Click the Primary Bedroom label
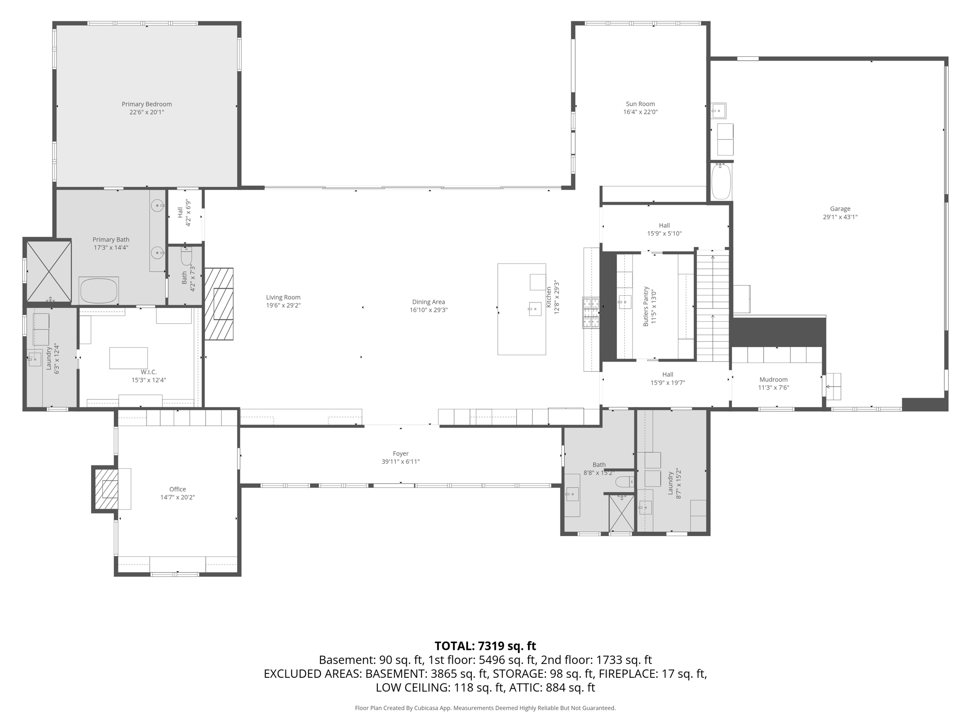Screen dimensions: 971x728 click(147, 104)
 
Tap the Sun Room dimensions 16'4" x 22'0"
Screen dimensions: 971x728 click(640, 112)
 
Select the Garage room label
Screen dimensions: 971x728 click(840, 209)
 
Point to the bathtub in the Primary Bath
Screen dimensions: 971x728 click(99, 291)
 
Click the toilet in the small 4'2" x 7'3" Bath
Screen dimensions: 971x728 click(186, 255)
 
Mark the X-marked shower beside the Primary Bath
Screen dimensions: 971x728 click(49, 271)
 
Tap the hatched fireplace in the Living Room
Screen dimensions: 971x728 click(219, 304)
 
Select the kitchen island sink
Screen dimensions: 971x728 click(535, 309)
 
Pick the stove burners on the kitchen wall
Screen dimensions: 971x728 click(591, 312)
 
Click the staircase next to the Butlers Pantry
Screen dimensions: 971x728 click(712, 306)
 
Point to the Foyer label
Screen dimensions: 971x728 click(401, 454)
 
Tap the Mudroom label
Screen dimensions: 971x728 click(773, 380)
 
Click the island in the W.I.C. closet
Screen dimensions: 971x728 click(128, 358)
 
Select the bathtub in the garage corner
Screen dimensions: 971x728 click(721, 182)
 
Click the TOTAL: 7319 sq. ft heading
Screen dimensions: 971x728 click(485, 646)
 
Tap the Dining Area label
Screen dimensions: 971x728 click(428, 302)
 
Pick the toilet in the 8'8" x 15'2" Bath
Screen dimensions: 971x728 click(624, 482)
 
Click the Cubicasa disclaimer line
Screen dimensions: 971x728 click(485, 708)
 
